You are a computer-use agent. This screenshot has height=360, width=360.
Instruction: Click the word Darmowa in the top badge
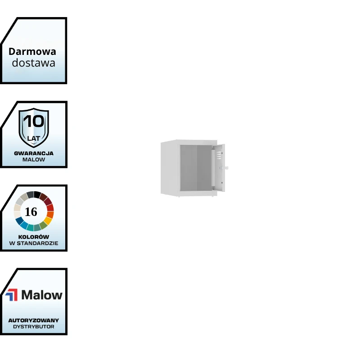(x=32, y=51)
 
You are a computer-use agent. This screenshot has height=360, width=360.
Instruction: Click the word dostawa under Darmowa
(x=33, y=63)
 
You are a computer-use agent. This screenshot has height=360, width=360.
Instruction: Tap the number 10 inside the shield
(x=34, y=121)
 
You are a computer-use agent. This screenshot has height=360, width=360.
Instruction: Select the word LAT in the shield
(x=34, y=138)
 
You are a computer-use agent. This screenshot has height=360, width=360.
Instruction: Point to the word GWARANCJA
(x=34, y=153)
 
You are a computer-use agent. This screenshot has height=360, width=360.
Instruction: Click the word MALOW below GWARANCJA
(x=34, y=159)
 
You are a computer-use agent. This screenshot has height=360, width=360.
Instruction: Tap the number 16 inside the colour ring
(x=31, y=211)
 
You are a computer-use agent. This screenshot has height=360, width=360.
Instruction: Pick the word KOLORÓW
(x=34, y=237)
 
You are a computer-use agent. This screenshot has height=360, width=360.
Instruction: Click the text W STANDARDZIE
(x=34, y=243)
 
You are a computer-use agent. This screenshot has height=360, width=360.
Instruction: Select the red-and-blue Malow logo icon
(x=12, y=295)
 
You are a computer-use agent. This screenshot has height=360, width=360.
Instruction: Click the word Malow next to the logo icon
(x=42, y=295)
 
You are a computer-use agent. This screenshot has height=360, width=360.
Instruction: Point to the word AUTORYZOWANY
(x=34, y=320)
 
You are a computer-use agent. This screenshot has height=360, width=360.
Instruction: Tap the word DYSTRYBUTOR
(x=34, y=327)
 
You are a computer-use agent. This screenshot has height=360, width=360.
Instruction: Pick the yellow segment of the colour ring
(x=47, y=221)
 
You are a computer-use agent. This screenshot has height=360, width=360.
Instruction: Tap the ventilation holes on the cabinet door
(x=218, y=156)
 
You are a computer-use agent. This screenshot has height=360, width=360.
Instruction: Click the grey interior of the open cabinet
(x=196, y=168)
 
